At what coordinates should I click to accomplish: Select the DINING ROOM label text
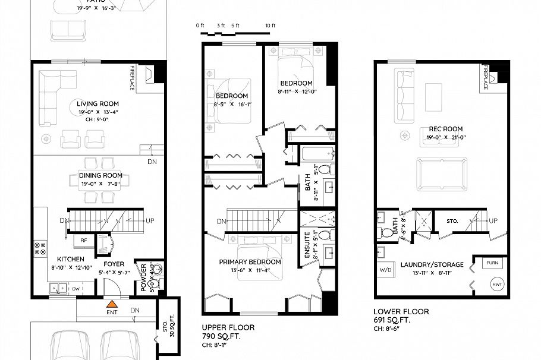[x=100, y=175]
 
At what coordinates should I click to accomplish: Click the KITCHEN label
[x=70, y=259]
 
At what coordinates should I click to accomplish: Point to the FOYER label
[x=114, y=264]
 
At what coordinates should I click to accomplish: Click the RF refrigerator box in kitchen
[x=85, y=240]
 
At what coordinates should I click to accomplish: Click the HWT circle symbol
[x=496, y=285]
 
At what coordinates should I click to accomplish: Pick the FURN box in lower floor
[x=493, y=263]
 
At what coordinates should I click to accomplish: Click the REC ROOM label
[x=445, y=129]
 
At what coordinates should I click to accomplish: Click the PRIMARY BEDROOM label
[x=250, y=262]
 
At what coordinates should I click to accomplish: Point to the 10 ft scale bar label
[x=270, y=26]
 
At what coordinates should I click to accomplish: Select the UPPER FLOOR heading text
[x=228, y=327]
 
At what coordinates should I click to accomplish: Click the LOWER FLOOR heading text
[x=401, y=311]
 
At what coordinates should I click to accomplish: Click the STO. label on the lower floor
[x=453, y=221]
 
